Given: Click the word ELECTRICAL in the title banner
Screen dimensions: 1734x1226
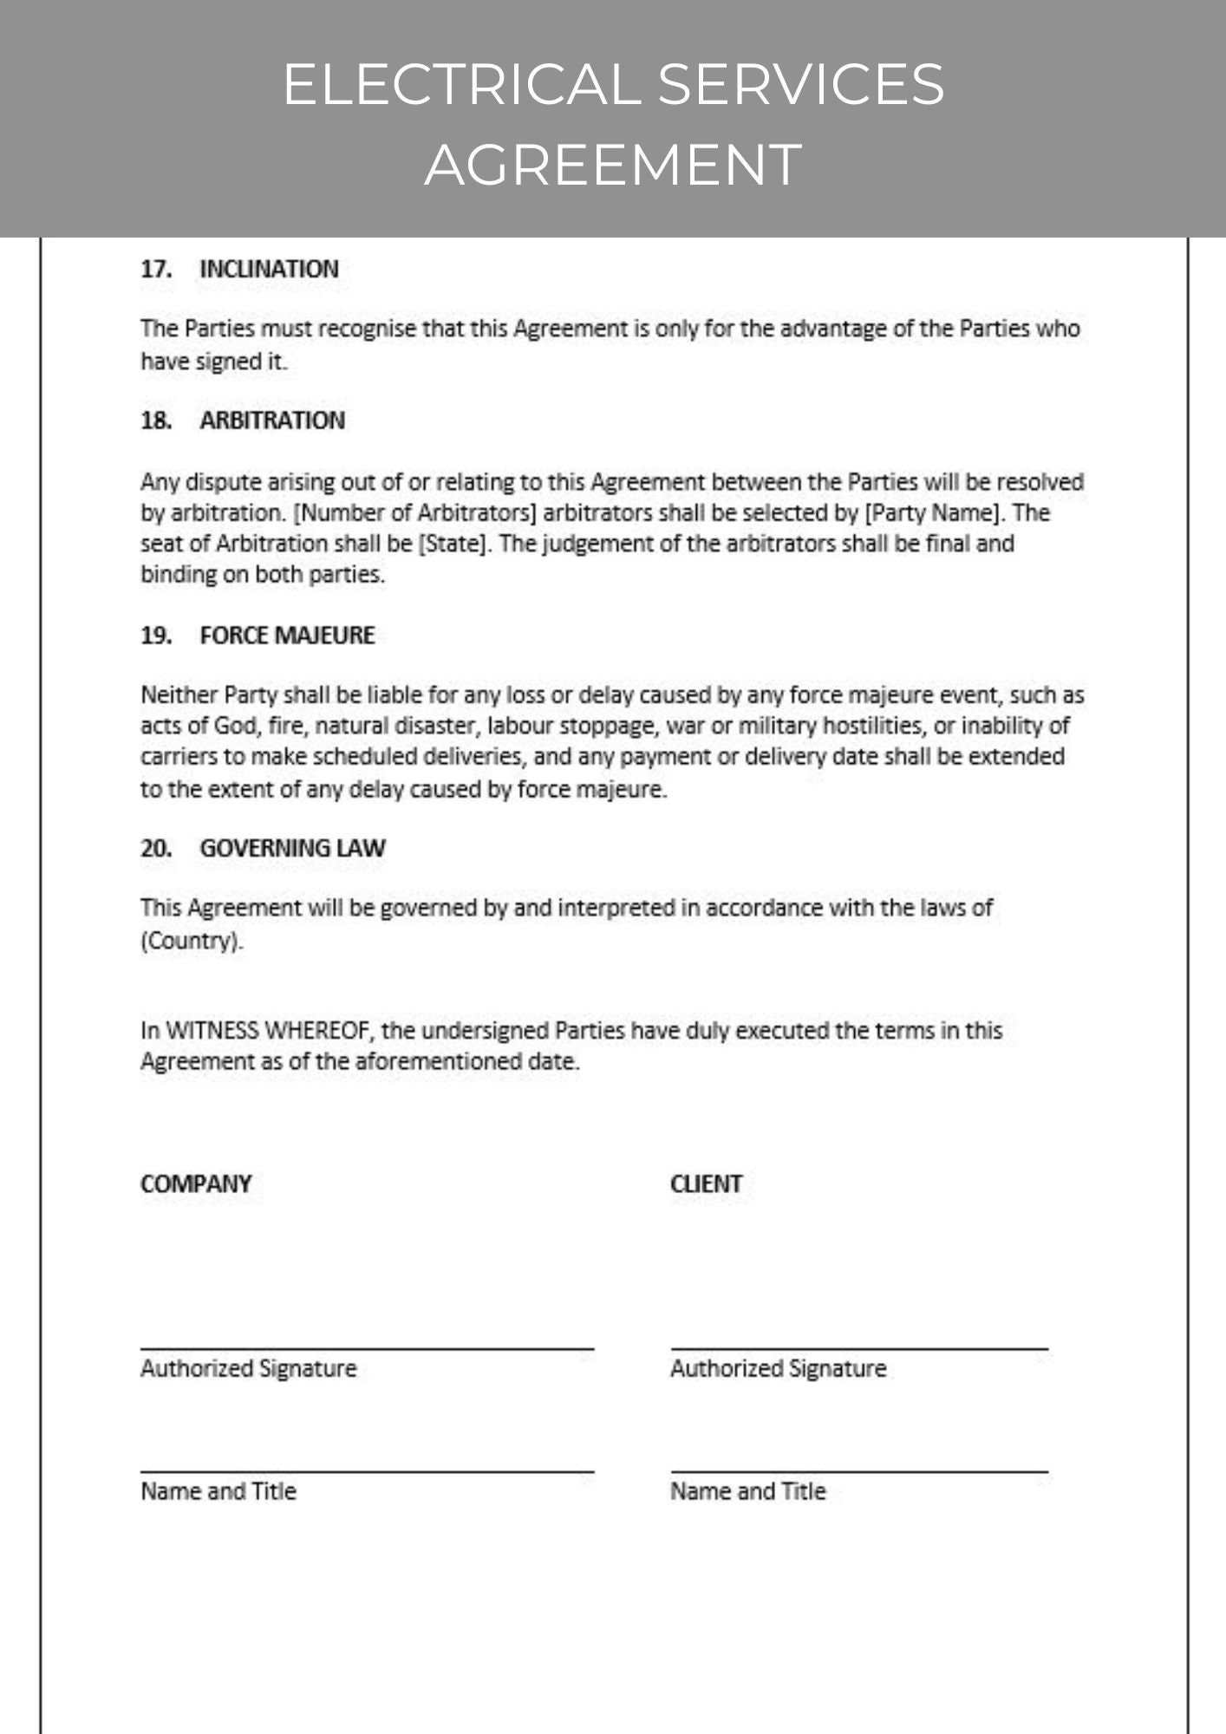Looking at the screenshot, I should [x=460, y=84].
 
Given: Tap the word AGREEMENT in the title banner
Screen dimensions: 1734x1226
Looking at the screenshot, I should [x=613, y=164].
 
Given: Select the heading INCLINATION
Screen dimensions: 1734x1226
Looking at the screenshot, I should [x=269, y=270].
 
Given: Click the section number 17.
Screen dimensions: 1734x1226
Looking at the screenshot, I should [x=155, y=270].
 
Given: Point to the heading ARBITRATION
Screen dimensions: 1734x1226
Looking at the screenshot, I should [x=272, y=420].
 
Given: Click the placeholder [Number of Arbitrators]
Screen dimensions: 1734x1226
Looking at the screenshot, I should [x=415, y=513].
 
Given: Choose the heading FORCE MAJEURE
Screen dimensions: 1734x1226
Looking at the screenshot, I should [x=287, y=636].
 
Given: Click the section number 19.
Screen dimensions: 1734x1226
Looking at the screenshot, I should [x=155, y=636].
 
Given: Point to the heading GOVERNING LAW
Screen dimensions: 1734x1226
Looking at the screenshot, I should [x=292, y=848].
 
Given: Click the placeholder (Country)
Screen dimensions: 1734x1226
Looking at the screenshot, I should [x=192, y=941].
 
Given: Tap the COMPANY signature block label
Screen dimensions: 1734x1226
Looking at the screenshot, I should [x=196, y=1184].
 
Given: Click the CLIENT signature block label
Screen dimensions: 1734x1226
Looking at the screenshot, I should [x=706, y=1184].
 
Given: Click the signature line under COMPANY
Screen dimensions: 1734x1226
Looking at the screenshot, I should [x=367, y=1348].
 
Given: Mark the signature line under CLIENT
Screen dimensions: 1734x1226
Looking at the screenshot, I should [x=859, y=1348].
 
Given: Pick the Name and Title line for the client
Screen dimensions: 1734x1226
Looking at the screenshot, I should [x=859, y=1471].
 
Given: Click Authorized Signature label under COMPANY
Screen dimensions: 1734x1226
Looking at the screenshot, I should [x=249, y=1369].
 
